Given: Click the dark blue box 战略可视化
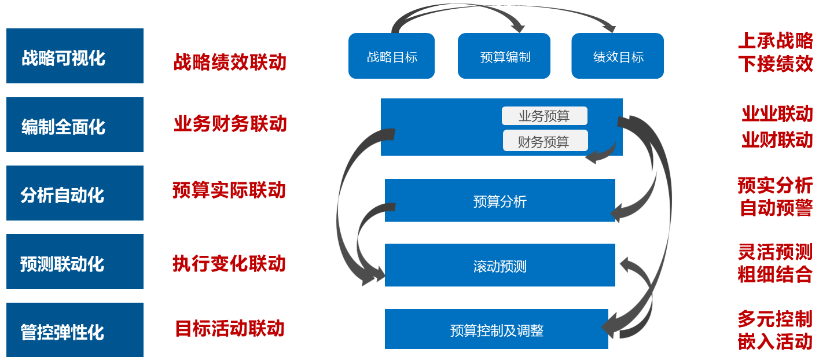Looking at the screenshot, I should coord(75,56).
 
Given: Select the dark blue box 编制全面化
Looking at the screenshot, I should coord(75,125).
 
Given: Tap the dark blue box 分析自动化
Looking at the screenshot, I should coord(75,193).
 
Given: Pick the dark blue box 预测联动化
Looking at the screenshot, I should coord(75,262).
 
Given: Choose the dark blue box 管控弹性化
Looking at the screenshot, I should coord(75,330).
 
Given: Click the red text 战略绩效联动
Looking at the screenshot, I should coord(230,62).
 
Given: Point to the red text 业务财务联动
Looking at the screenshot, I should coord(230,123).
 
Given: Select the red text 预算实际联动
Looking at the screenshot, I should coord(229,190).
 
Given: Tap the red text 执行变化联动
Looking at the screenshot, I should coord(229,263).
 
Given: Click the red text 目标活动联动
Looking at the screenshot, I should coord(229,329).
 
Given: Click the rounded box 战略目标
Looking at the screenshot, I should coord(391,56).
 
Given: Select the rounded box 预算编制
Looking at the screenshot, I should coord(504,56).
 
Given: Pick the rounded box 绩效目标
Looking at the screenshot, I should coord(618,56).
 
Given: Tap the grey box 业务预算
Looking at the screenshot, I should coord(544,116).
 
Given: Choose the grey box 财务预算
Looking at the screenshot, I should coord(545,141).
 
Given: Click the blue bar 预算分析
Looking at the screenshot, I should coord(500,201).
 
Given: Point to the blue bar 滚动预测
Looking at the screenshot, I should coord(500,266).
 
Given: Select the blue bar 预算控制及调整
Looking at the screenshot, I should coord(496,330).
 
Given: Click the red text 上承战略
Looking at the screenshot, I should coord(775,41).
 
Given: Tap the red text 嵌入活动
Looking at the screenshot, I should coord(775,342).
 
